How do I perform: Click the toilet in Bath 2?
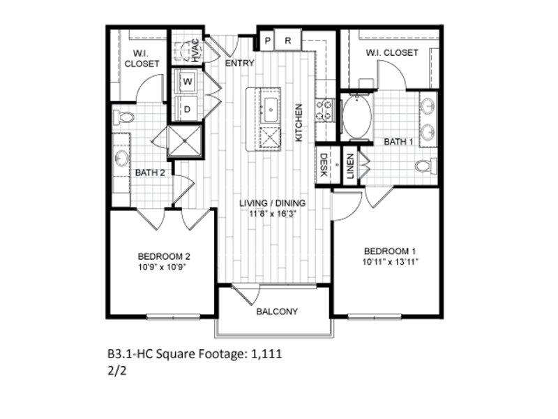pyautogui.click(x=123, y=117)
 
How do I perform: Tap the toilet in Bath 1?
pyautogui.click(x=426, y=166)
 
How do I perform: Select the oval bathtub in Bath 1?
pyautogui.click(x=357, y=117)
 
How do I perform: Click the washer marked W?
pyautogui.click(x=187, y=82)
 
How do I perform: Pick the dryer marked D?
pyautogui.click(x=187, y=110)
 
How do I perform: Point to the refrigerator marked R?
pyautogui.click(x=288, y=41)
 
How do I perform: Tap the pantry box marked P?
pyautogui.click(x=267, y=41)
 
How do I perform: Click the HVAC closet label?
pyautogui.click(x=195, y=50)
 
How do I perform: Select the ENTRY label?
pyautogui.click(x=240, y=64)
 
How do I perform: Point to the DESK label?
pyautogui.click(x=324, y=165)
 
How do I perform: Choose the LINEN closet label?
pyautogui.click(x=351, y=166)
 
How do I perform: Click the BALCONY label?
pyautogui.click(x=277, y=311)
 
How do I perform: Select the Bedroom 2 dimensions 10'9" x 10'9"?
pyautogui.click(x=163, y=267)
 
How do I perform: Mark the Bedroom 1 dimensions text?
pyautogui.click(x=390, y=263)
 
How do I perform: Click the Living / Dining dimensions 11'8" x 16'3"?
pyautogui.click(x=273, y=214)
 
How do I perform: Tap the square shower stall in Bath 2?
pyautogui.click(x=185, y=141)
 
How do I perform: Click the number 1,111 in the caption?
pyautogui.click(x=266, y=354)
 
